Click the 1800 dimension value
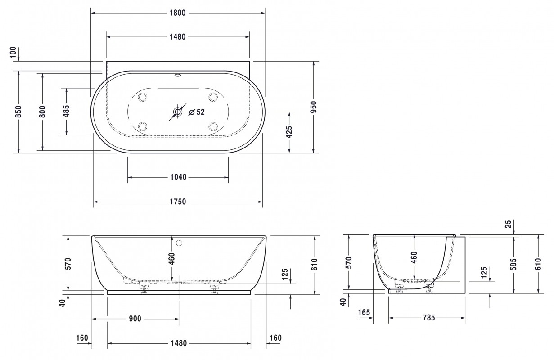point(178,13)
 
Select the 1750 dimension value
point(178,202)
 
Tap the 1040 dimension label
point(178,177)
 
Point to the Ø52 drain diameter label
point(197,112)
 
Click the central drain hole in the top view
point(178,112)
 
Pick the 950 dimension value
point(314,107)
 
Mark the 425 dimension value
point(289,132)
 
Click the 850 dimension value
point(18,112)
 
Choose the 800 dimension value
point(42,112)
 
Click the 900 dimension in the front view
point(135,319)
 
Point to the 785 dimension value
point(428,318)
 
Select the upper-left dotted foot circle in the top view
point(143,97)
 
